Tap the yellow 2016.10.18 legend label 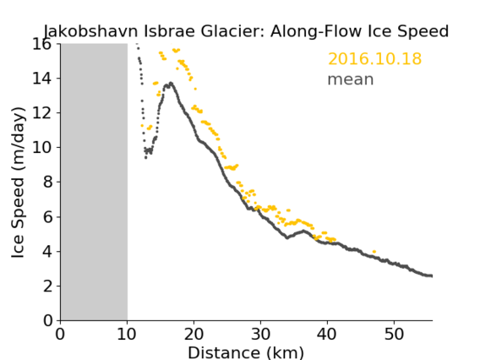[x=374, y=59]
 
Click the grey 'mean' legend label [x=351, y=79]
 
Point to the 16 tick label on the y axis [x=42, y=45]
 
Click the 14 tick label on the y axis [x=42, y=79]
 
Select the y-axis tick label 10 [x=42, y=148]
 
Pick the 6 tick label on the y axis [x=47, y=216]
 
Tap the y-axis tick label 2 [x=47, y=286]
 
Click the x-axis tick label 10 [x=127, y=334]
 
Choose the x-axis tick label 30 [x=260, y=334]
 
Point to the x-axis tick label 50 [x=394, y=334]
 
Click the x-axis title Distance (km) [x=246, y=352]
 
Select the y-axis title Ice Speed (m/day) [x=18, y=183]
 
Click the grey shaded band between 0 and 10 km [x=94, y=183]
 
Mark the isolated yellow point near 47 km [x=374, y=252]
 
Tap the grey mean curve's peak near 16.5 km [x=171, y=83]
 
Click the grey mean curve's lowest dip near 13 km [x=145, y=158]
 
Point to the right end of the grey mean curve [x=432, y=275]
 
